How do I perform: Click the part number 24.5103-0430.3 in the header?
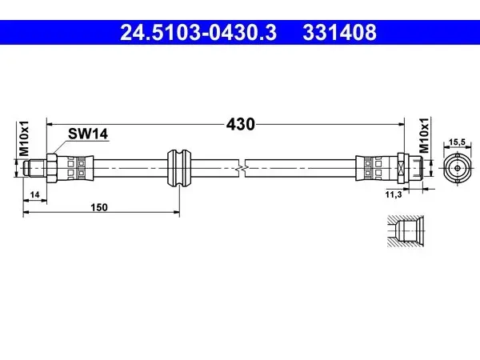(x=198, y=33)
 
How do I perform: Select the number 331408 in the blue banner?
(x=339, y=33)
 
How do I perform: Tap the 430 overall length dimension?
(x=240, y=124)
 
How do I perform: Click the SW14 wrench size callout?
(x=88, y=134)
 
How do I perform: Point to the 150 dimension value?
(x=99, y=207)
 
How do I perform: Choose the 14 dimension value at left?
(x=35, y=194)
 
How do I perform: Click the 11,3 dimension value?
(x=394, y=194)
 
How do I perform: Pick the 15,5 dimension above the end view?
(x=457, y=142)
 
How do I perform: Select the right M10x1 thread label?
(x=424, y=136)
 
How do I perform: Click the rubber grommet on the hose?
(x=179, y=168)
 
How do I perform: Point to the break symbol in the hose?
(x=242, y=168)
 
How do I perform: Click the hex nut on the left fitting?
(x=51, y=168)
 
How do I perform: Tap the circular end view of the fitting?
(x=457, y=168)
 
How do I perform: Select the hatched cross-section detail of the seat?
(x=406, y=231)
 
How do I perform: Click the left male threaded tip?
(x=34, y=168)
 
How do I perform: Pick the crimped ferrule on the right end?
(x=376, y=168)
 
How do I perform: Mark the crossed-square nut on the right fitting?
(x=402, y=168)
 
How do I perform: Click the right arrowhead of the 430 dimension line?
(x=402, y=124)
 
